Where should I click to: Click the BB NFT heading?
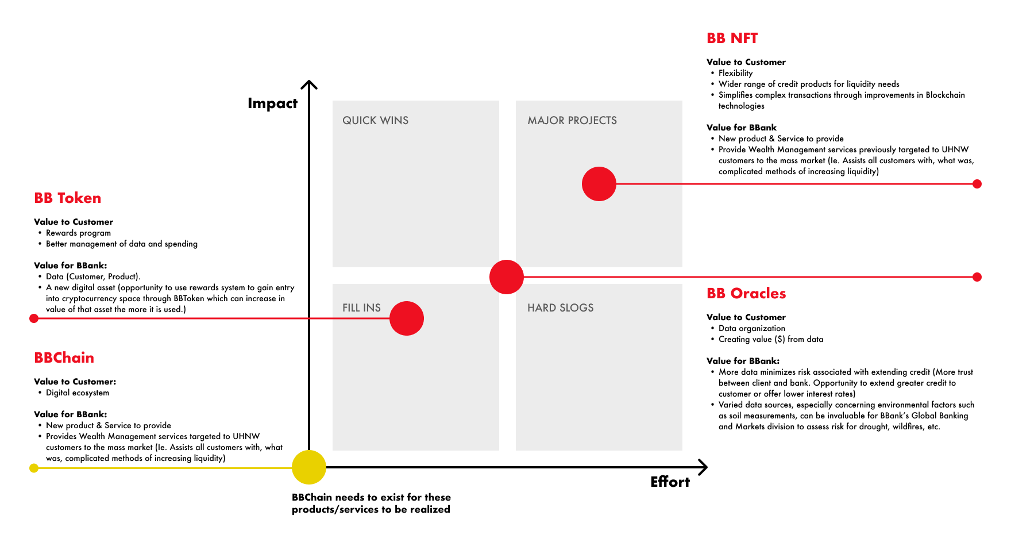(732, 39)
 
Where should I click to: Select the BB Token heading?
(68, 198)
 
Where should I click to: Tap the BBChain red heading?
(64, 358)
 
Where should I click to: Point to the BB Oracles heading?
(746, 294)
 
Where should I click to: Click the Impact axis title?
(272, 103)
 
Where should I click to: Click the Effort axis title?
(670, 482)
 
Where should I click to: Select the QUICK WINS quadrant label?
(375, 121)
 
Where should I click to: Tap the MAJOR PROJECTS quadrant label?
(572, 121)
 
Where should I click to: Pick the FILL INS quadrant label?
(361, 308)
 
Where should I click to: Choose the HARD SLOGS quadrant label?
(560, 308)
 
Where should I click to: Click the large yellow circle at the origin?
(309, 467)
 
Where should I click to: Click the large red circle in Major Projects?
(599, 184)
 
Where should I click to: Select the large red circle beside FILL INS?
(407, 318)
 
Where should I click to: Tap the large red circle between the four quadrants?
(507, 277)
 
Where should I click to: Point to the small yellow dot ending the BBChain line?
(34, 468)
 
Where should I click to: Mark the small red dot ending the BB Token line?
(34, 318)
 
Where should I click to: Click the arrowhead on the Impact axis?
(309, 85)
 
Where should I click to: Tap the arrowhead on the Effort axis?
(703, 467)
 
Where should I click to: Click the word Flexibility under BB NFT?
(735, 73)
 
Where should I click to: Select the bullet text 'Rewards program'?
(78, 233)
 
